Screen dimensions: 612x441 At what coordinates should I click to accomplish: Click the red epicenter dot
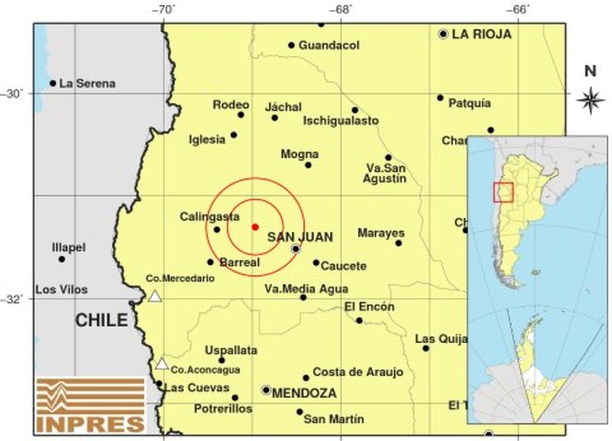[255, 227]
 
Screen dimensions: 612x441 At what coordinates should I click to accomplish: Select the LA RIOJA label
[481, 35]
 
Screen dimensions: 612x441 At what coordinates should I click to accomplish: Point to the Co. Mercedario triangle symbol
[155, 297]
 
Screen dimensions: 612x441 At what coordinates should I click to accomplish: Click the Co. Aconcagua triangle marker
[161, 364]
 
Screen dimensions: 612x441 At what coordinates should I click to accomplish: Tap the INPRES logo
[90, 404]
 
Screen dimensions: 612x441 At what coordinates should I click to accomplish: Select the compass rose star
[590, 100]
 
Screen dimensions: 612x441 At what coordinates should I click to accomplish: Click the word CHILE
[102, 320]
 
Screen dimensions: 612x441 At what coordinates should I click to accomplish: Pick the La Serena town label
[87, 84]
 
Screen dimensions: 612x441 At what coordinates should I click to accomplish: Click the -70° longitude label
[164, 9]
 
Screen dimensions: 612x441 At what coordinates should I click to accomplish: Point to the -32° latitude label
[17, 299]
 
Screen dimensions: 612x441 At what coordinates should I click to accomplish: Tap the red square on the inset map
[502, 191]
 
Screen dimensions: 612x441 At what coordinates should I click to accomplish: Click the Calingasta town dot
[217, 229]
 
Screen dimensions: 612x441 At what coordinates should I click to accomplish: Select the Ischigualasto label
[341, 121]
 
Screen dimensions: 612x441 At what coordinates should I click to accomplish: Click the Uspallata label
[231, 350]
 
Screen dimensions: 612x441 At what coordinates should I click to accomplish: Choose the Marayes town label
[381, 233]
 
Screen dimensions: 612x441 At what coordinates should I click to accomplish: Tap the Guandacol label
[329, 45]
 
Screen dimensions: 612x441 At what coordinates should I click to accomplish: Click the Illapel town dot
[62, 259]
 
